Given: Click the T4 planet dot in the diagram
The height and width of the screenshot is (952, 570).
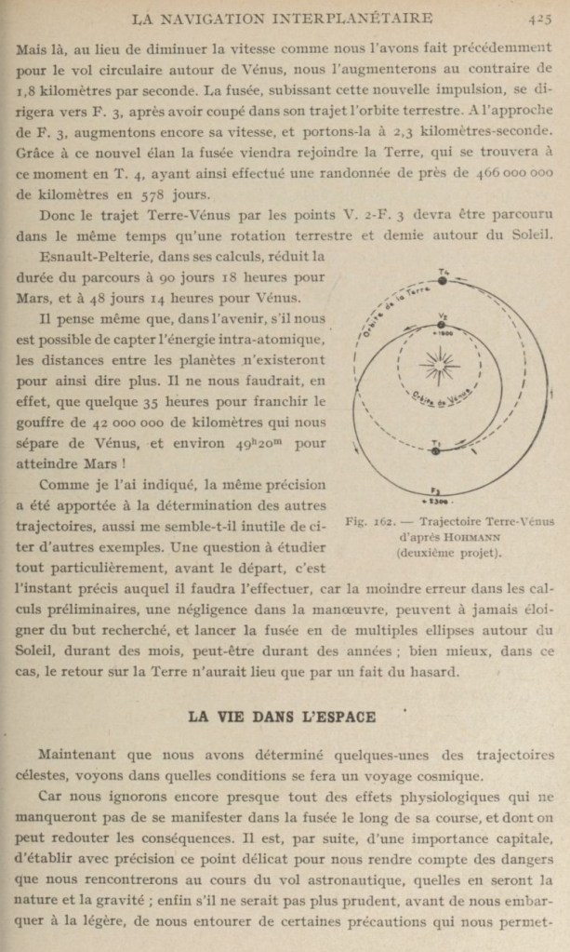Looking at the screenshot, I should pos(444,279).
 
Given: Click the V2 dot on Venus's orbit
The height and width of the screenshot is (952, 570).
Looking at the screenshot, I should pos(443,321).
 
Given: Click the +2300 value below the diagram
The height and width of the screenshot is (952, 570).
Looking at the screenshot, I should pos(435,503).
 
